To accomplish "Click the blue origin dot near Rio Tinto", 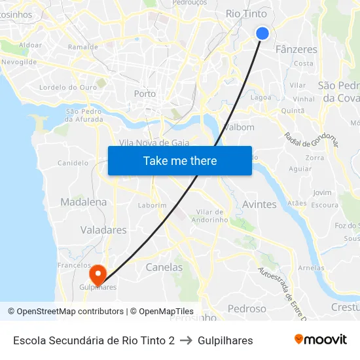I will (x=262, y=33).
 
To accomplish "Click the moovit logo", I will (x=321, y=340).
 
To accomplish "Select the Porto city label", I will (x=145, y=94).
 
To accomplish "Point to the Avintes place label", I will (x=259, y=204).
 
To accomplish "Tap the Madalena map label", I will (x=83, y=202).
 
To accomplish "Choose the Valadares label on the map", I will (x=103, y=230).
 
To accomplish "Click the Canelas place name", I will (x=164, y=267).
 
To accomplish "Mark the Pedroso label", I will (x=247, y=308).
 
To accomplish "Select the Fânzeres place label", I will (x=297, y=49).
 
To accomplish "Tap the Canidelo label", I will (x=73, y=163).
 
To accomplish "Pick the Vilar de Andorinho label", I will (x=210, y=215).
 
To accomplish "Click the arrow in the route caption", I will (x=186, y=340).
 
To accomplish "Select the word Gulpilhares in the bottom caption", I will (x=225, y=340).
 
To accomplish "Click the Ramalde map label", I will (x=83, y=47).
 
